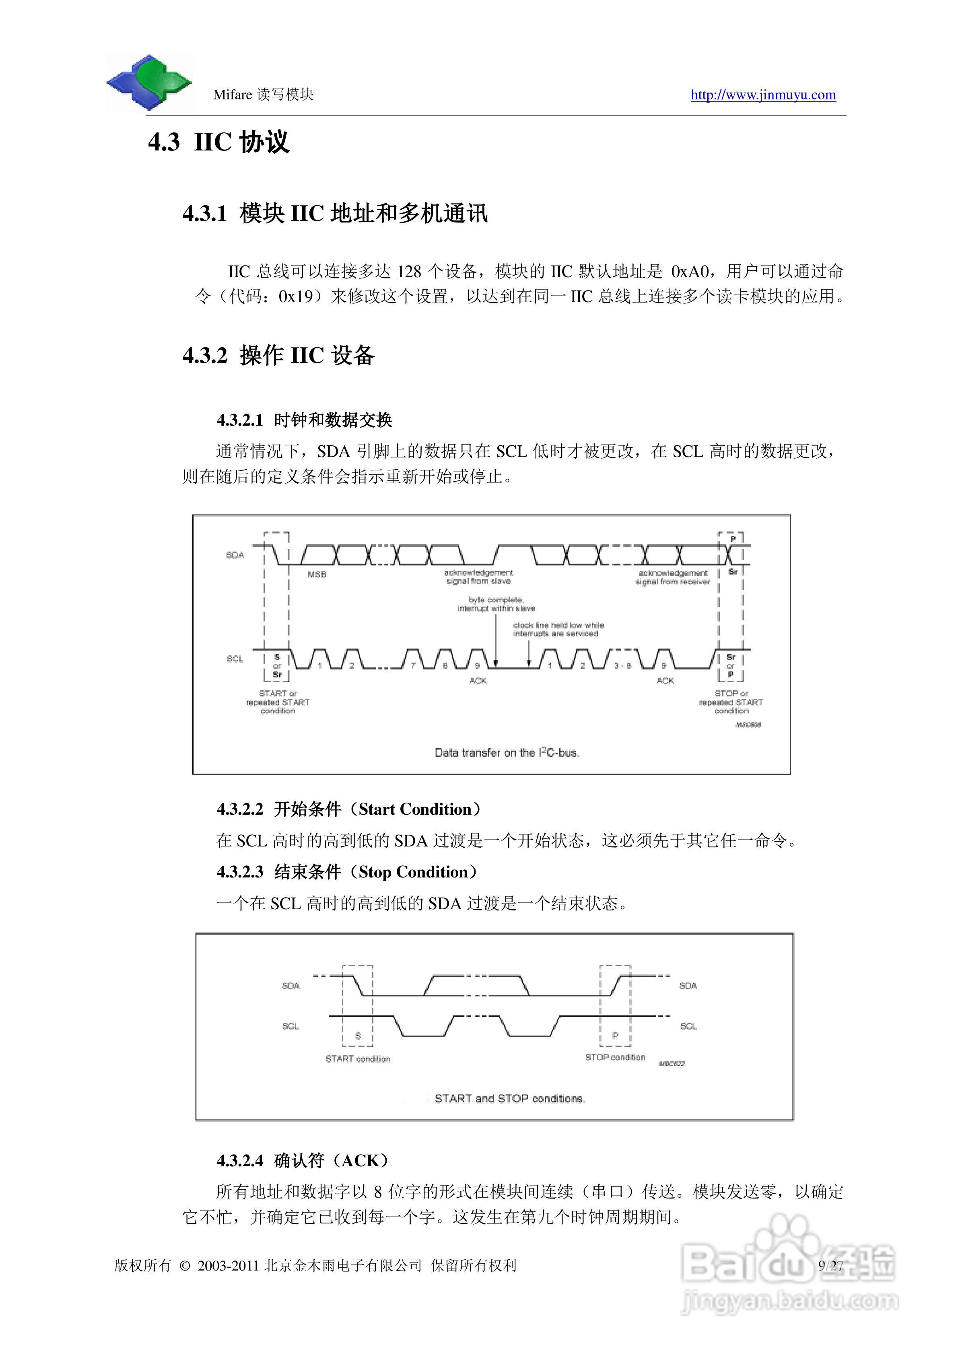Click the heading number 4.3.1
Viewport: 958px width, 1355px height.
tap(204, 214)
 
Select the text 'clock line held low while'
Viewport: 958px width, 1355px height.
tap(558, 625)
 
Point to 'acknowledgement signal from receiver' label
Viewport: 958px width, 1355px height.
tap(672, 577)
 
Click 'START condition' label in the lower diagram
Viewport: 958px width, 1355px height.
tap(358, 1059)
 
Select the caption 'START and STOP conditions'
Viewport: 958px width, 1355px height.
tap(509, 1098)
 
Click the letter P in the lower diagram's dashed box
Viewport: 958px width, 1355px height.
tap(615, 1036)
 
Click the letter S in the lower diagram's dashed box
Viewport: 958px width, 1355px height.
tap(358, 1036)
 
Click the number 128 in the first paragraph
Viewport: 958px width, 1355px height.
tap(409, 272)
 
